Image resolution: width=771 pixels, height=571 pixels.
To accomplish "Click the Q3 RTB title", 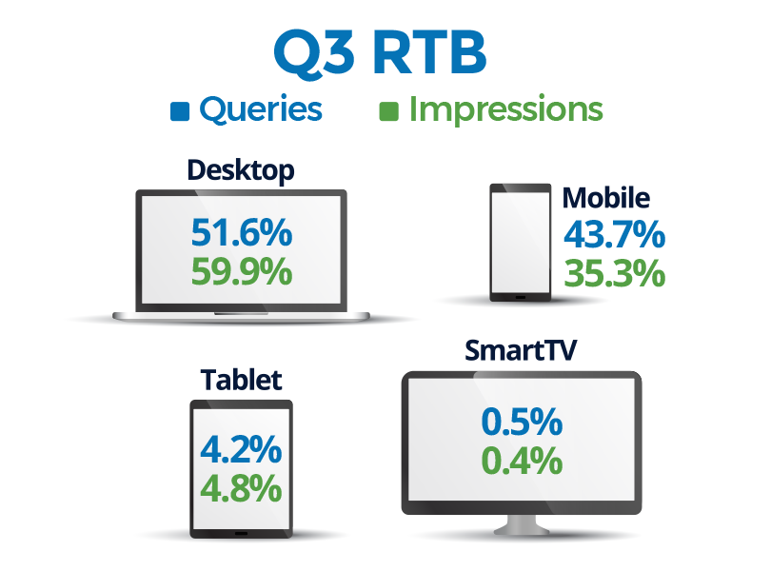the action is (380, 52).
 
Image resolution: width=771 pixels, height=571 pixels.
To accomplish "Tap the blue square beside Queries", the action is (180, 111).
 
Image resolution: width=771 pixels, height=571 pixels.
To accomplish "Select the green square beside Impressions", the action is (388, 111).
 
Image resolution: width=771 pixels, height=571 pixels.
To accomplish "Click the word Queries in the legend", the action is (261, 109).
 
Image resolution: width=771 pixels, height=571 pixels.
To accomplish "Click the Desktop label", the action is (241, 170).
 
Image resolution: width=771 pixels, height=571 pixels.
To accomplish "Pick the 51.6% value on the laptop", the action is (242, 232).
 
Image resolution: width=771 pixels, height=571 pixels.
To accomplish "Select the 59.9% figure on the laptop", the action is (242, 271).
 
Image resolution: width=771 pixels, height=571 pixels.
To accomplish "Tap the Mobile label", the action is (606, 198).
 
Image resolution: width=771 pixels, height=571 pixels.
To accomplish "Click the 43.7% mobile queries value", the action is (615, 234).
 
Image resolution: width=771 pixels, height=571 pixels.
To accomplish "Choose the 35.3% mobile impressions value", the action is (615, 273).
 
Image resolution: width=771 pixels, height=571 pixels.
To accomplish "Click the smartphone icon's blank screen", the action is (521, 242).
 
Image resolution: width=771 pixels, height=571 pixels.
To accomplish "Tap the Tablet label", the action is (242, 380).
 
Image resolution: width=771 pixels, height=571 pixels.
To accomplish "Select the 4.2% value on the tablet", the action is (241, 449).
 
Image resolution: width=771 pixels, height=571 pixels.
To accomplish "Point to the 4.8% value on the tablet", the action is (241, 489).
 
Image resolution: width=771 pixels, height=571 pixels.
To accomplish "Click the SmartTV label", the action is (521, 350).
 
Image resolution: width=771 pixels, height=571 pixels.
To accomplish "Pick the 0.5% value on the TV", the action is (522, 422).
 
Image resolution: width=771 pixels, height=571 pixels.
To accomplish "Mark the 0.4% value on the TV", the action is (522, 462).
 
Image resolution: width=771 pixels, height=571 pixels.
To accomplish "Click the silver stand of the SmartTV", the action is (522, 525).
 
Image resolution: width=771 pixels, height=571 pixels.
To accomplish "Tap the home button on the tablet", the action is (242, 533).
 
